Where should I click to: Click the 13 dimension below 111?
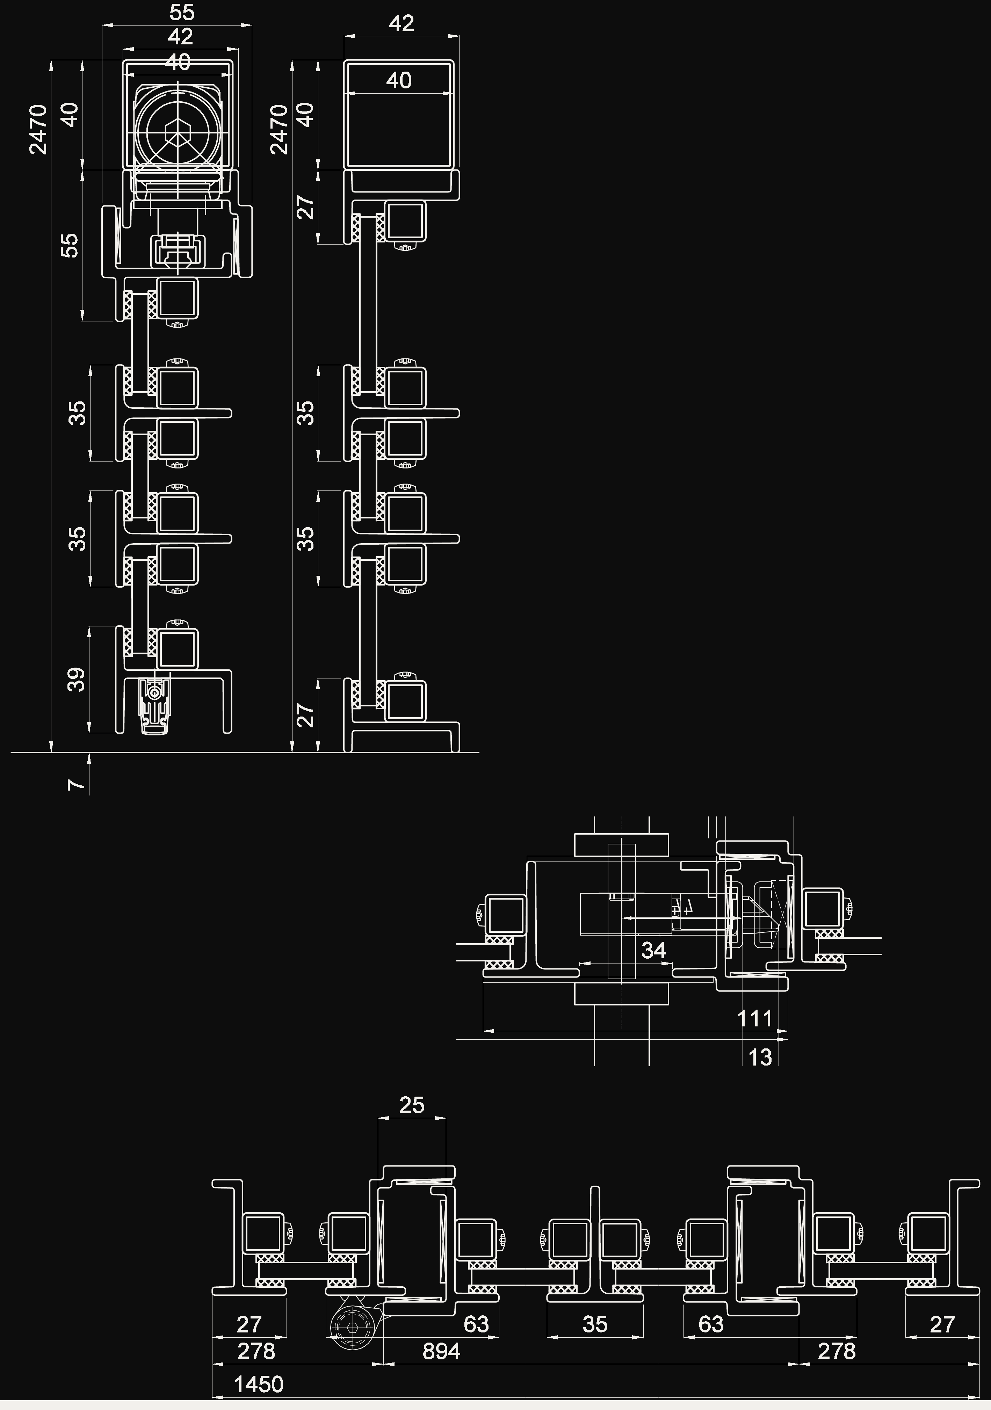coord(760,1057)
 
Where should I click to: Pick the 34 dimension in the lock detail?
coord(654,950)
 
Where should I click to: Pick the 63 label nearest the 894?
coord(476,1324)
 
